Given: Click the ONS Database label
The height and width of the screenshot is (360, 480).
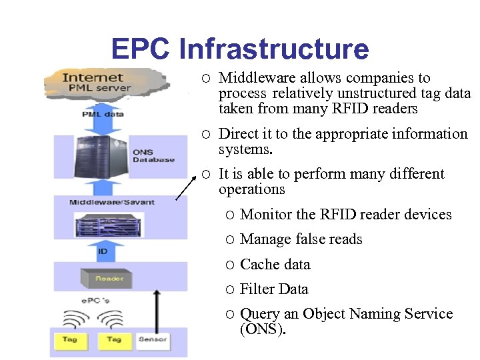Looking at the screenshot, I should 153,156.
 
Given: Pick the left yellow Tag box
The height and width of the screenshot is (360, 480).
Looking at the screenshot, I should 69,340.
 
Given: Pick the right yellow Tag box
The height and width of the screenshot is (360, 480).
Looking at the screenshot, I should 113,340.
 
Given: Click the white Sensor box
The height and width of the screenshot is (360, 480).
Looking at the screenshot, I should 152,340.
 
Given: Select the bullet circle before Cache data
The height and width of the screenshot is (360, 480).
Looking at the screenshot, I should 229,265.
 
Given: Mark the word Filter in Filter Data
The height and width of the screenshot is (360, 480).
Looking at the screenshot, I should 256,289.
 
